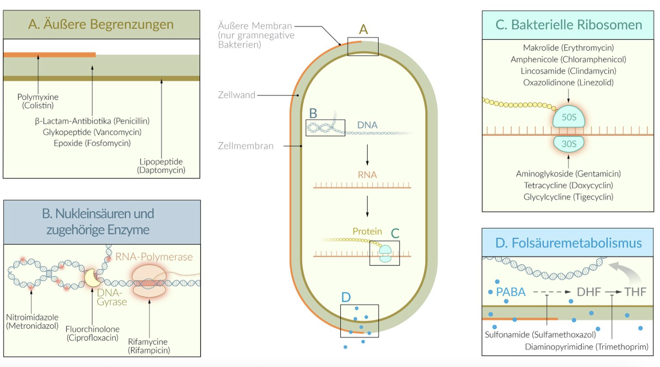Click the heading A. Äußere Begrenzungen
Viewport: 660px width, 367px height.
tap(101, 25)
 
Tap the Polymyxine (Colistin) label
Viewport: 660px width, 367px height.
tap(38, 101)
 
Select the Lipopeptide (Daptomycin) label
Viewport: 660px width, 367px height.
tap(161, 166)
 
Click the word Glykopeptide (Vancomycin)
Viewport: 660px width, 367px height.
tap(92, 132)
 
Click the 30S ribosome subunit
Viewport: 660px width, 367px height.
tap(568, 143)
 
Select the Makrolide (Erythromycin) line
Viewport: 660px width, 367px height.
tap(568, 48)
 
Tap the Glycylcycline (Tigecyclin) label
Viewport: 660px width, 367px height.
tap(568, 197)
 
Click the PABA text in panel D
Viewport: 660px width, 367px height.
tap(511, 292)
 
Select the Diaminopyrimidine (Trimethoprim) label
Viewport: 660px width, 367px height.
tap(586, 347)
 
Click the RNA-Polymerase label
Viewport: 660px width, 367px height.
tap(154, 257)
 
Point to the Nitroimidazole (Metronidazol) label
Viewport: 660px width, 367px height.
tap(32, 321)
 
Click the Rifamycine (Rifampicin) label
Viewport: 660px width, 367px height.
tap(149, 346)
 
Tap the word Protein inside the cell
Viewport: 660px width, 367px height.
tap(367, 232)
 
